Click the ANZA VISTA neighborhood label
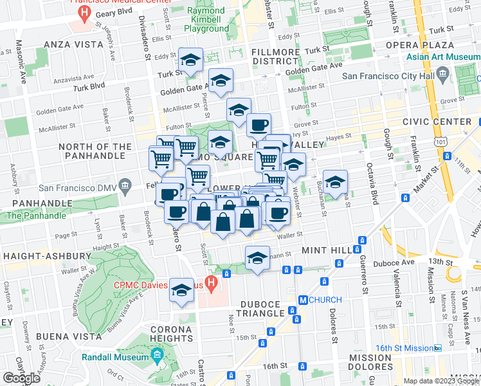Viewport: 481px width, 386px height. [x=73, y=44]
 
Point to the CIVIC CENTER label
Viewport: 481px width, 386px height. [x=437, y=122]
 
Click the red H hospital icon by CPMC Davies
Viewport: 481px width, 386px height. [x=226, y=275]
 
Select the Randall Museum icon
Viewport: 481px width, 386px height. [x=157, y=354]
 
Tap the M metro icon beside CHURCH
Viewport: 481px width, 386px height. [x=303, y=300]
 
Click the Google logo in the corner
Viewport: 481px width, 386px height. [x=22, y=378]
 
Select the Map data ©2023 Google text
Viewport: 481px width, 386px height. [x=440, y=381]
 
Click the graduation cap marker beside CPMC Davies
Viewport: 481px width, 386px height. [x=182, y=290]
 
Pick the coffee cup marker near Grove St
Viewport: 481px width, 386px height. [x=259, y=124]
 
